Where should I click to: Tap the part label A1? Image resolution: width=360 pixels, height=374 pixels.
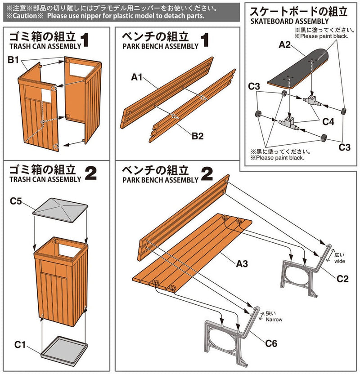coord(137,78)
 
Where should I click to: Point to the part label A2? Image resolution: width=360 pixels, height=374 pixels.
coord(285,45)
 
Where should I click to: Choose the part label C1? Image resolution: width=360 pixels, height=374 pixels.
coord(19,345)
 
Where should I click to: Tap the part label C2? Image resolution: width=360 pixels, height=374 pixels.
coord(342,279)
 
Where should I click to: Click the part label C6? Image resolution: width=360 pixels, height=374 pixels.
coord(271,345)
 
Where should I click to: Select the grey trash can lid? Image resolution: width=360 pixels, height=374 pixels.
coord(58,211)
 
